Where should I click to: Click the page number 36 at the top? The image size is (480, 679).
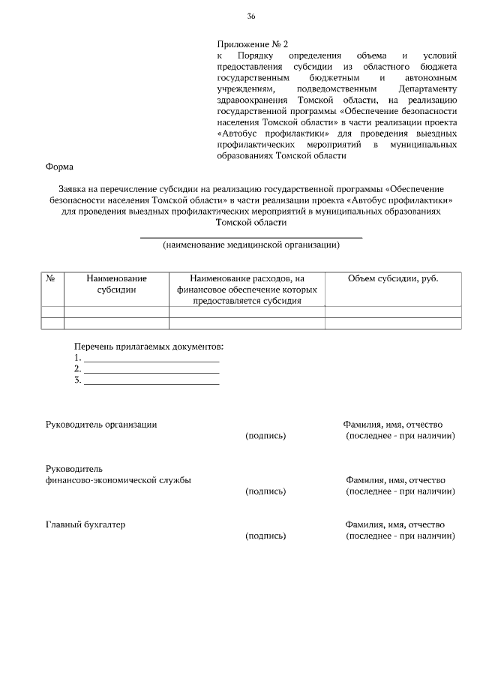(x=251, y=17)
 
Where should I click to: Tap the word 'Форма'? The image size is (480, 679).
(x=59, y=167)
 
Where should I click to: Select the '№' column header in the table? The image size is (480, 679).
(x=52, y=278)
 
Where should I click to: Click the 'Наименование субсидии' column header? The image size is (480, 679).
(x=116, y=284)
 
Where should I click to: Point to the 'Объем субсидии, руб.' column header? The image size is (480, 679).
(x=393, y=278)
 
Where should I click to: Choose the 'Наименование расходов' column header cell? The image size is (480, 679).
(x=247, y=289)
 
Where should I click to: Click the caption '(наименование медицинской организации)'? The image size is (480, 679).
(x=251, y=245)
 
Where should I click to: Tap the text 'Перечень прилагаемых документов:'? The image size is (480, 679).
(x=148, y=347)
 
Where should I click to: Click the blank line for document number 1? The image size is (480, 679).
(x=151, y=359)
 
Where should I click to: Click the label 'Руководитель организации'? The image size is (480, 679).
(x=101, y=425)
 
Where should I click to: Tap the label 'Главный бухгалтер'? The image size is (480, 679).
(x=85, y=524)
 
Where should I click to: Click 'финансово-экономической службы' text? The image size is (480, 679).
(x=118, y=480)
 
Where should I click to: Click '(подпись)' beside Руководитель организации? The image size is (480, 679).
(x=265, y=436)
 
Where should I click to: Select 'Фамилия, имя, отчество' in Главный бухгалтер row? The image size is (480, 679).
(x=395, y=524)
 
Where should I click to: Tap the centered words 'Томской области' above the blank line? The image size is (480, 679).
(x=250, y=223)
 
